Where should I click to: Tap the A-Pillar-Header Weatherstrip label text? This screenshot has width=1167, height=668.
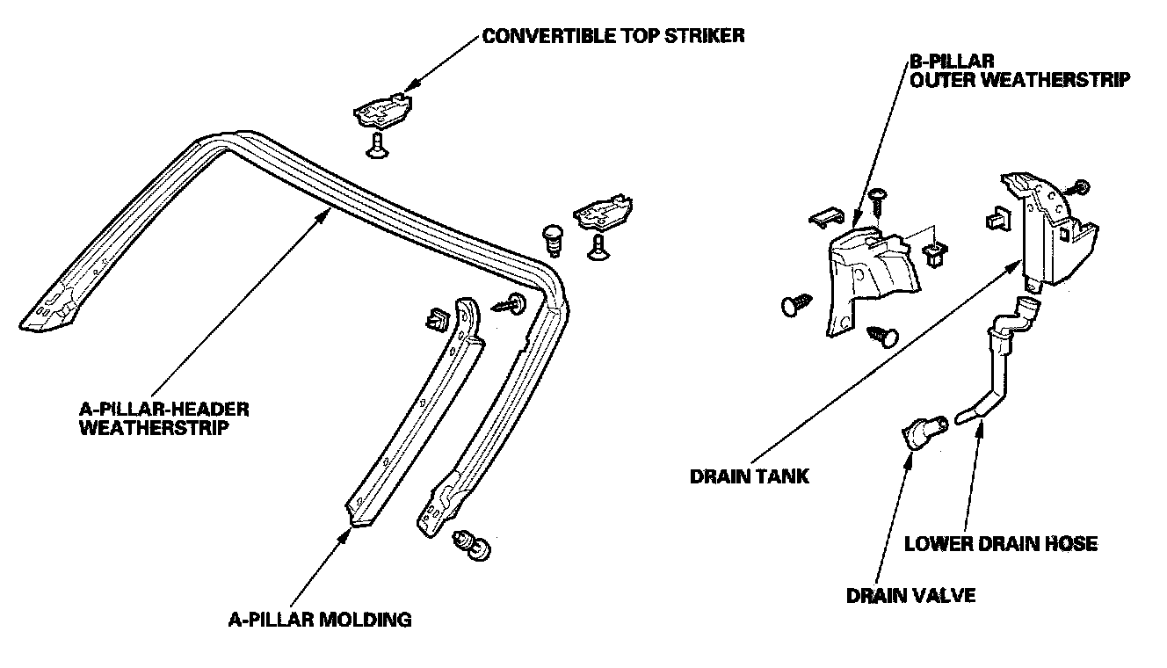point(164,419)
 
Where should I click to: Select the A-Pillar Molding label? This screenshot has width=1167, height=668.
point(320,620)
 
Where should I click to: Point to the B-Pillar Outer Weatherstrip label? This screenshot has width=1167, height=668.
point(1019,71)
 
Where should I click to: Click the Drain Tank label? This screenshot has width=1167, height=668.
point(750,476)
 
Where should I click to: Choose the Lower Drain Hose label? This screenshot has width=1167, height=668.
point(1001,543)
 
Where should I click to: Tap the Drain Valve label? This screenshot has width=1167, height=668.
point(911,595)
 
